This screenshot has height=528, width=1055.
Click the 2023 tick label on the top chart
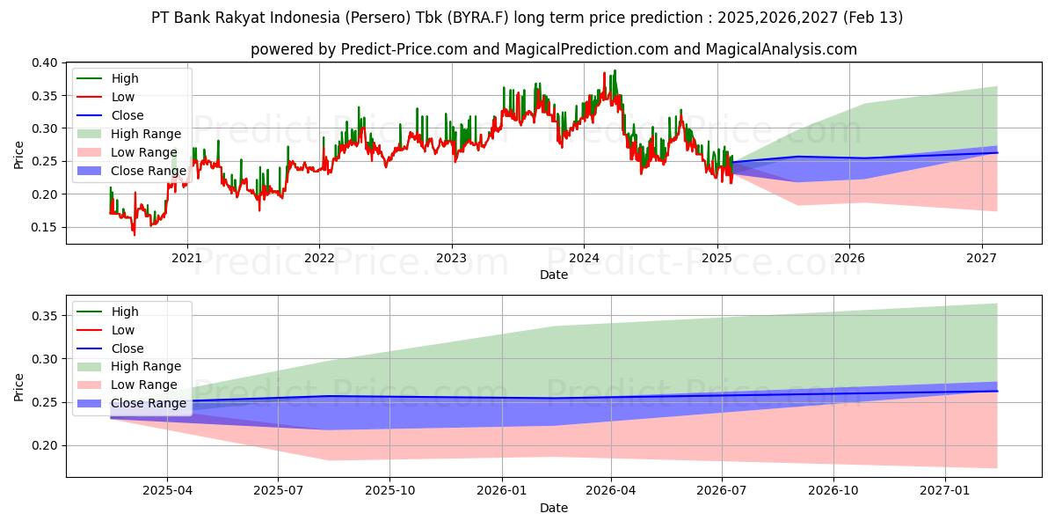451,258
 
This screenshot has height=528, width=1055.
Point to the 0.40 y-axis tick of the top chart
46,62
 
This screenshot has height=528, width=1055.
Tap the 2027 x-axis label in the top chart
981,258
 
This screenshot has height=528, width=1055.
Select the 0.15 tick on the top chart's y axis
46,227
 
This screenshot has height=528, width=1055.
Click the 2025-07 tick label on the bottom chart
278,490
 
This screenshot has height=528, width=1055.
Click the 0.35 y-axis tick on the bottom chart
46,316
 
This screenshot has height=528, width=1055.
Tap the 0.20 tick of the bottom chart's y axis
46,445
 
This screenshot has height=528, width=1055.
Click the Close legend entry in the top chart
127,115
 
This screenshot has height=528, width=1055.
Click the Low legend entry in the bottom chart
123,330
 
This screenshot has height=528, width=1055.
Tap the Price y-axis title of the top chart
19,155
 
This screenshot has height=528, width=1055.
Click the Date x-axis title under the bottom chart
554,508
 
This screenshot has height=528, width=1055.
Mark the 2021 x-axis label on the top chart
186,258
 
